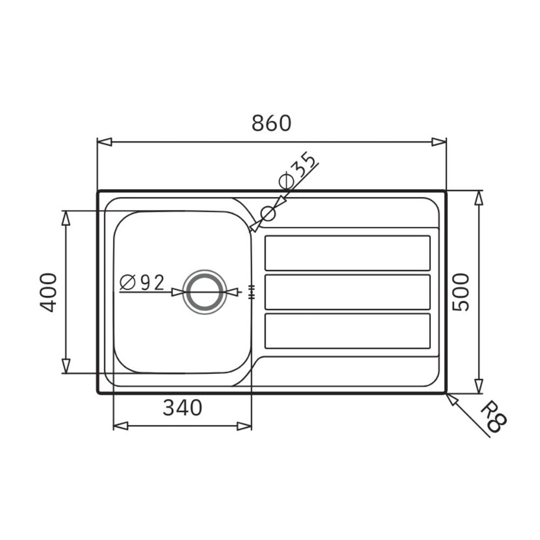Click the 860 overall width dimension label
pyautogui.click(x=272, y=124)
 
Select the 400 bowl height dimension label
pyautogui.click(x=49, y=292)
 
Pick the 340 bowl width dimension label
pyautogui.click(x=182, y=408)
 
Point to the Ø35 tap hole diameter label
pyautogui.click(x=297, y=171)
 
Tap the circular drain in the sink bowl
pyautogui.click(x=204, y=292)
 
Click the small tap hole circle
pyautogui.click(x=268, y=214)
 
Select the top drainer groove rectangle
pyautogui.click(x=347, y=253)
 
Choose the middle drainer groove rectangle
pyautogui.click(x=347, y=292)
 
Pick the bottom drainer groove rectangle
pyautogui.click(x=347, y=330)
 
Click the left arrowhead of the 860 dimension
pyautogui.click(x=104, y=142)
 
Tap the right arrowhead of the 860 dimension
pyautogui.click(x=439, y=142)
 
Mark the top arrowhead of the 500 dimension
pyautogui.click(x=478, y=198)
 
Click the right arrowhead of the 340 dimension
pyautogui.click(x=245, y=426)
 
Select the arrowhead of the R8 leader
pyautogui.click(x=451, y=399)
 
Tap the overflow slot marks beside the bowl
pyautogui.click(x=251, y=292)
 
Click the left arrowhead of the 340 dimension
pyautogui.click(x=120, y=426)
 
